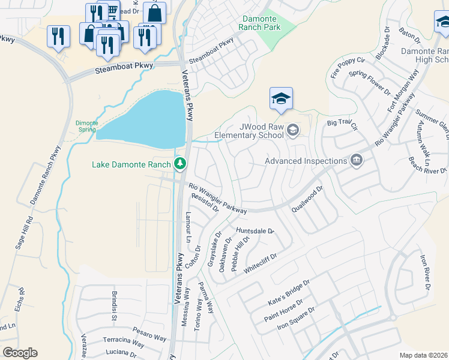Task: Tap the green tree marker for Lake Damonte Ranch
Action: pyautogui.click(x=179, y=163)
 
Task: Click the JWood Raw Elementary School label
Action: pyautogui.click(x=261, y=131)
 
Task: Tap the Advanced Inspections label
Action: pyautogui.click(x=306, y=160)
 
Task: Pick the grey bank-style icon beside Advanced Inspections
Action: pyautogui.click(x=357, y=160)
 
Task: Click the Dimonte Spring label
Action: pyautogui.click(x=86, y=126)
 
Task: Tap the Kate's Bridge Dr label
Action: pyautogui.click(x=289, y=291)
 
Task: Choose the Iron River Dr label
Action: pyautogui.click(x=426, y=273)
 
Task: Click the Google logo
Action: pyautogui.click(x=20, y=353)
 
